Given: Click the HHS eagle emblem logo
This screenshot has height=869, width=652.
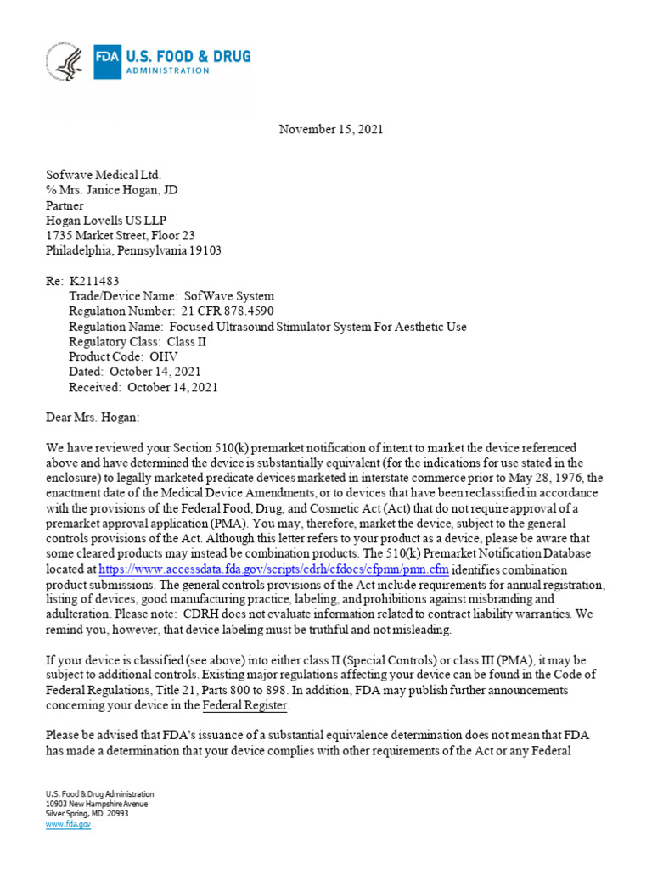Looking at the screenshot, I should (x=64, y=62).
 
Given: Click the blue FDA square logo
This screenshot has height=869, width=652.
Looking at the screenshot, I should (x=108, y=62).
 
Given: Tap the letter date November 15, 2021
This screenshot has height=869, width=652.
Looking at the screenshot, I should (x=331, y=130).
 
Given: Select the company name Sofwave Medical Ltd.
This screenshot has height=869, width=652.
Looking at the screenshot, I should (x=103, y=174).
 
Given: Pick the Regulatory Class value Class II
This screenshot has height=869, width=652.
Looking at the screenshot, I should (x=187, y=342).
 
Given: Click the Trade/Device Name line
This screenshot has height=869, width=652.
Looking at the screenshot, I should (x=171, y=296).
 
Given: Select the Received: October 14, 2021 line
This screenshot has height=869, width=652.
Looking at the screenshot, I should (x=143, y=388).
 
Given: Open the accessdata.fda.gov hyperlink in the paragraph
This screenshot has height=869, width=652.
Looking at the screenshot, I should (x=273, y=569).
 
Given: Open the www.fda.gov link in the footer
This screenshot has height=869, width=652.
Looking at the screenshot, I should (x=68, y=824).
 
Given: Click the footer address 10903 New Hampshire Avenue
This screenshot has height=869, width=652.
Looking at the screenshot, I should (x=96, y=804).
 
